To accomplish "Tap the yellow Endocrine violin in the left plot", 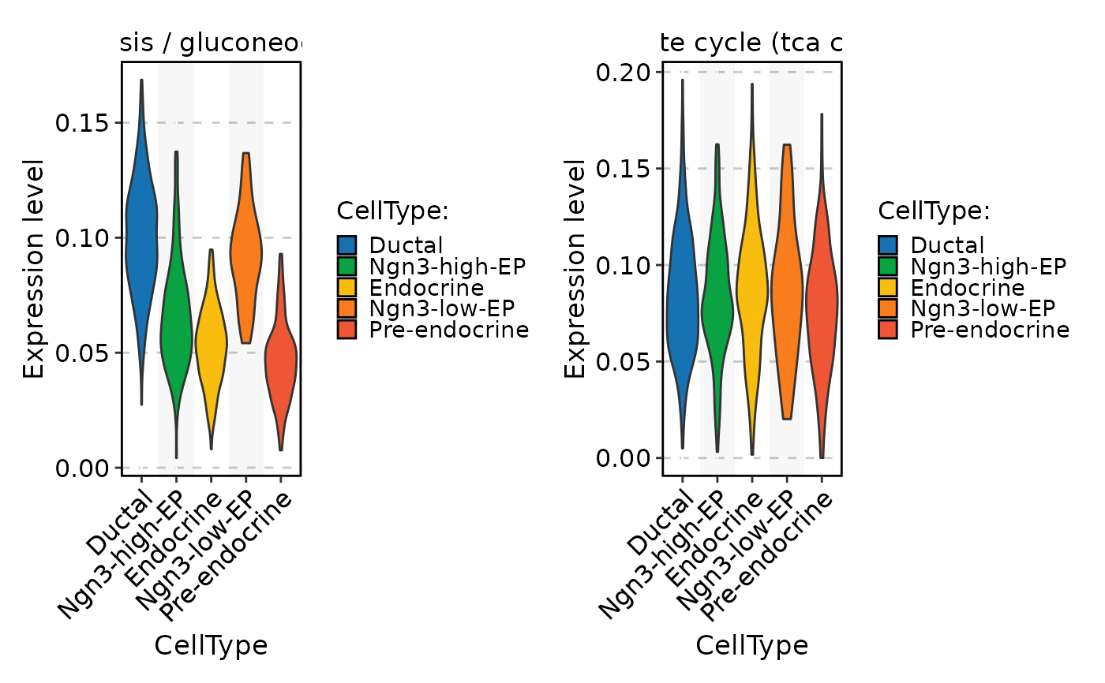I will click(211, 339).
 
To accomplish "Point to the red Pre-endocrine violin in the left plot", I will click(280, 363).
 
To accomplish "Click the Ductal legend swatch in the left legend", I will click(347, 245).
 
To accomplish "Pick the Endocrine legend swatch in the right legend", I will click(889, 288).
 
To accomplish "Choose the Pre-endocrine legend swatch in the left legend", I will click(347, 330).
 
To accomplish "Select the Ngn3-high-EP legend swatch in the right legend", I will click(889, 267).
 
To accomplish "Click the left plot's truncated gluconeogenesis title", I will click(211, 45).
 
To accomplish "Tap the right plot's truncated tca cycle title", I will click(752, 45).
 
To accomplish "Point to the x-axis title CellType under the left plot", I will click(211, 645).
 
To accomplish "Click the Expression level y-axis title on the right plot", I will click(576, 268).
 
